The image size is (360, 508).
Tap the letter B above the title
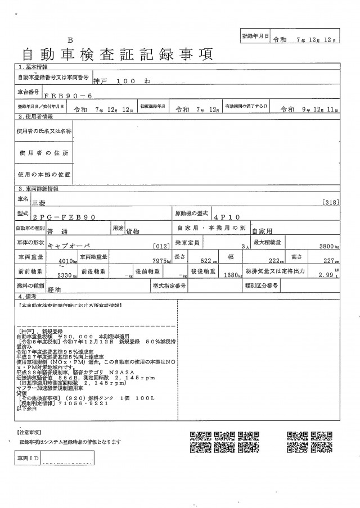[71, 40]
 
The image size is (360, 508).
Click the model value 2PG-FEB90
[65, 217]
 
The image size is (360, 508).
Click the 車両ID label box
[26, 460]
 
